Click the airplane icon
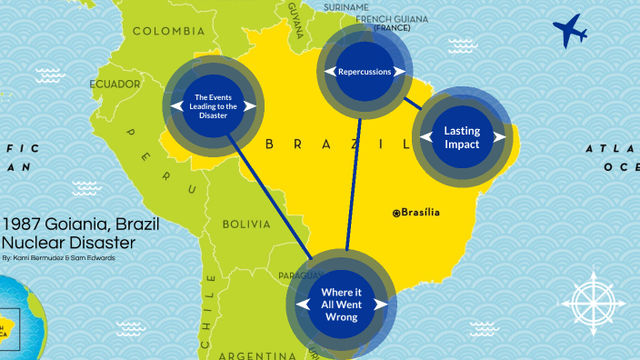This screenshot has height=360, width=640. coord(570,31)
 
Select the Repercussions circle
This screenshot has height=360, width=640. coord(364,70)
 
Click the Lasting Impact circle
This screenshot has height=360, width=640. coord(462,137)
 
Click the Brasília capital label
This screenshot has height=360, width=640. coord(420,213)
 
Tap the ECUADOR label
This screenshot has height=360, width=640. coord(115,85)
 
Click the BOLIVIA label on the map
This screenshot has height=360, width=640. coord(246,224)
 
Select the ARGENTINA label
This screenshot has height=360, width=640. coord(252,354)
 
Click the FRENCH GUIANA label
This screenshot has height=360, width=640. coord(392,18)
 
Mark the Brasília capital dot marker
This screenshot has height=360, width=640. coord(396,213)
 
